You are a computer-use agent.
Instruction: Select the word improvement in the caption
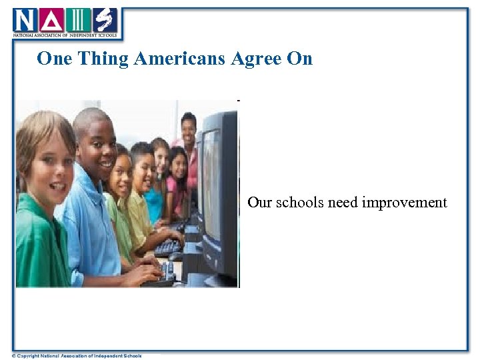click(404, 202)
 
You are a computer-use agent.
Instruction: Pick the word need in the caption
click(343, 202)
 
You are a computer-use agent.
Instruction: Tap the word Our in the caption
click(259, 202)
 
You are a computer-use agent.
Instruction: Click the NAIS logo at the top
click(65, 22)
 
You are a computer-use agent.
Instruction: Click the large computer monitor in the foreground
click(219, 193)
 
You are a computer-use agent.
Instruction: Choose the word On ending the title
click(299, 59)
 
